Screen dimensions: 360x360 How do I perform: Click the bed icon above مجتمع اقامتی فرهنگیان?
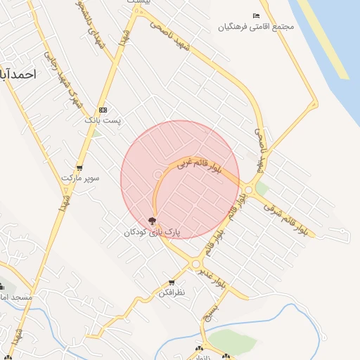click(x=256, y=15)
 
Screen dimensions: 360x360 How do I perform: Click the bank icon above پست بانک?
click(x=103, y=110)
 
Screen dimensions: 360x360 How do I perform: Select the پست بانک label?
click(x=103, y=121)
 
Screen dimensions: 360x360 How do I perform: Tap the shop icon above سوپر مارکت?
click(x=79, y=167)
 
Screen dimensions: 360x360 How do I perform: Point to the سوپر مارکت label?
click(x=80, y=179)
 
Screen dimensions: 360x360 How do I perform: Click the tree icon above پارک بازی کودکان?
click(x=153, y=221)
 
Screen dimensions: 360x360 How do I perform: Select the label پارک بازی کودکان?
click(x=153, y=232)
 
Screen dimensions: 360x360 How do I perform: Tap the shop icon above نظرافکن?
click(x=172, y=282)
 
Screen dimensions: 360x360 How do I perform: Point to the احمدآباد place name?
click(x=15, y=74)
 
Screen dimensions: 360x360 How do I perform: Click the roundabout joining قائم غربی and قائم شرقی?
click(x=249, y=188)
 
